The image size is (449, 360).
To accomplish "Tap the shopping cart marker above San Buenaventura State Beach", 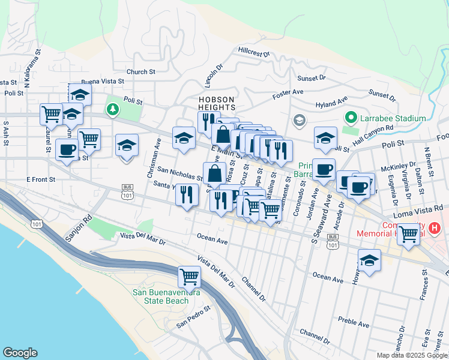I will (x=189, y=277).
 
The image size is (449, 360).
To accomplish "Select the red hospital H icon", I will (x=435, y=228).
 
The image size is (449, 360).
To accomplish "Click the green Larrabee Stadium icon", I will (x=348, y=118).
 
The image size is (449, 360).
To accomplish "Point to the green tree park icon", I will (x=112, y=109).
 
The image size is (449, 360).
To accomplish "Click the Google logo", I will (x=20, y=353).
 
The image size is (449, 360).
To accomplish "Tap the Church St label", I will (x=141, y=72).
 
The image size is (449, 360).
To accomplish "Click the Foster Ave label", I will (x=288, y=92).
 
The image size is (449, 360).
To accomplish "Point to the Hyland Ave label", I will (x=332, y=104).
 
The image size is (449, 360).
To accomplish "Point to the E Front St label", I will (x=41, y=179).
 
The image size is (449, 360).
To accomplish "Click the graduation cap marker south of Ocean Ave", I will (x=369, y=261).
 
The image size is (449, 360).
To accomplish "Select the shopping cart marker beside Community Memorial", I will (x=409, y=235).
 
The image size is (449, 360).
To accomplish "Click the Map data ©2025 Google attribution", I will (x=412, y=355).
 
